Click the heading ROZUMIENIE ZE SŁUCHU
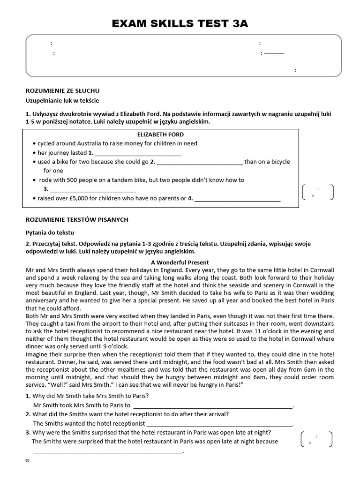point(62,90)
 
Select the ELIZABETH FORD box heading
point(157,135)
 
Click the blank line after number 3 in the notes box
point(93,190)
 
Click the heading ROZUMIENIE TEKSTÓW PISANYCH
point(76,219)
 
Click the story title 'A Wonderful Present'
point(180,262)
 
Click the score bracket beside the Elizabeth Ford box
point(318,192)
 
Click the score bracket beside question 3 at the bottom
point(317,439)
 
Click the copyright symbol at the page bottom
point(28,461)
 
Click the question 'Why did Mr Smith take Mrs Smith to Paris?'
point(90,396)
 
